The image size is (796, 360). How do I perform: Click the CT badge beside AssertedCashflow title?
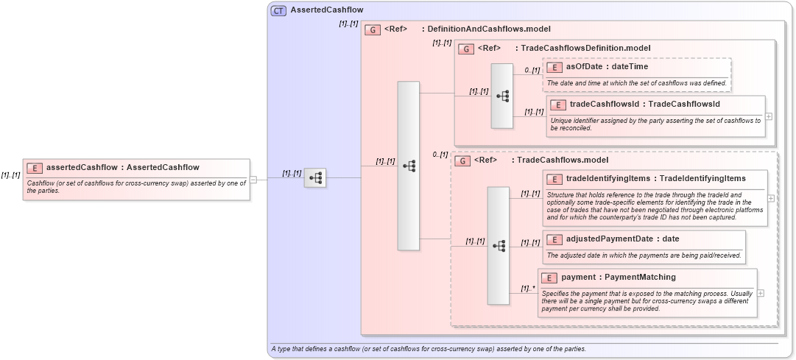point(279,10)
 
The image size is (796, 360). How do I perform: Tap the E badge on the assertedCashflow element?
point(35,168)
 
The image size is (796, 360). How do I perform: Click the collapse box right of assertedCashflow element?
point(253,179)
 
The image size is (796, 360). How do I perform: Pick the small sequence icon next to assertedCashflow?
point(315,177)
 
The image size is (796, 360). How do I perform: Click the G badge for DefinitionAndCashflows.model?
point(373,30)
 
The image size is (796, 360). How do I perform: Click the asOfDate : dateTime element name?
point(607,66)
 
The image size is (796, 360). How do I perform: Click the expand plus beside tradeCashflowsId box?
point(769,116)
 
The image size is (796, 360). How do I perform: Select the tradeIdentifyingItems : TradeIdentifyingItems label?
point(655,178)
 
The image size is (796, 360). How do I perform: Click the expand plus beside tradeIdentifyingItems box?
point(770,198)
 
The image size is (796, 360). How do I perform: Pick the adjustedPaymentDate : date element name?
point(622,239)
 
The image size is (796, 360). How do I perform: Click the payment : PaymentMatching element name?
point(618,277)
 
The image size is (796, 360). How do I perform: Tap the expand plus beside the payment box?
point(761,293)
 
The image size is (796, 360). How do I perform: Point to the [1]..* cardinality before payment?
point(526,289)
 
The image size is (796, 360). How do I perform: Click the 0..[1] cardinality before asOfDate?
point(532,70)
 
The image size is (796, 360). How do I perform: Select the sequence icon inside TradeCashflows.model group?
point(499,245)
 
